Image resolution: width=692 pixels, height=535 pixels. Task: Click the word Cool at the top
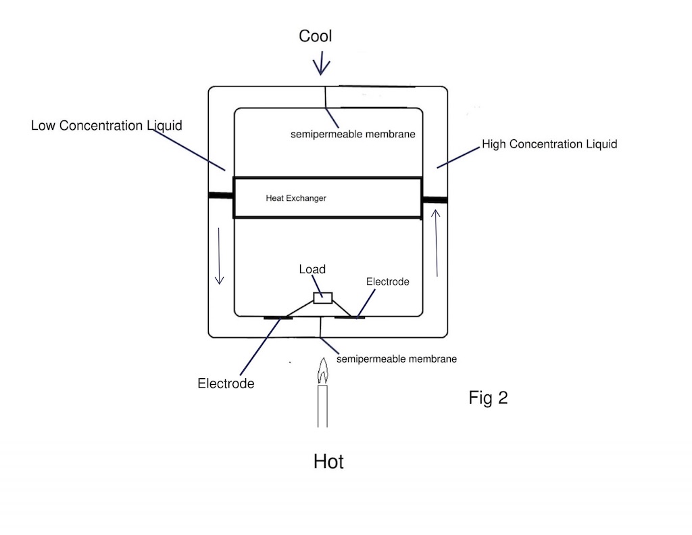click(x=315, y=37)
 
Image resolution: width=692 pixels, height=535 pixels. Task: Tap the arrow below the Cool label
click(x=321, y=65)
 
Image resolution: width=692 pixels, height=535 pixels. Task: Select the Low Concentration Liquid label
click(x=106, y=126)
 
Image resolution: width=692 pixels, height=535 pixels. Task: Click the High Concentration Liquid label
click(x=549, y=144)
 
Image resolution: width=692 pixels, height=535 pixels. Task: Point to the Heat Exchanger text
click(x=296, y=198)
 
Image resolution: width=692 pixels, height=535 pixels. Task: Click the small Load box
click(x=322, y=298)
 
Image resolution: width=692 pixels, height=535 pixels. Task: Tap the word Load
click(x=312, y=269)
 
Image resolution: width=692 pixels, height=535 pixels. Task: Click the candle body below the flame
click(x=322, y=406)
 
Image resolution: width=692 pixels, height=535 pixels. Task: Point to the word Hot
click(x=328, y=462)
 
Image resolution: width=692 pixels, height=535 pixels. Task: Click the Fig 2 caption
click(x=488, y=398)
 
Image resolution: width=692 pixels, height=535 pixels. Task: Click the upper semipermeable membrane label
click(x=352, y=135)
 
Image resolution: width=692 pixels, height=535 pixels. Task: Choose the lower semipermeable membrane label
click(x=396, y=358)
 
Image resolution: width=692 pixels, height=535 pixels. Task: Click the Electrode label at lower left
click(x=226, y=383)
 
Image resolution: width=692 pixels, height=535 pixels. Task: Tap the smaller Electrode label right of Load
click(x=387, y=281)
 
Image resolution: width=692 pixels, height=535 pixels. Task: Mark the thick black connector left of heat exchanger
click(x=220, y=195)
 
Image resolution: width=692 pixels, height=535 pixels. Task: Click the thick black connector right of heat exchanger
click(x=435, y=200)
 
